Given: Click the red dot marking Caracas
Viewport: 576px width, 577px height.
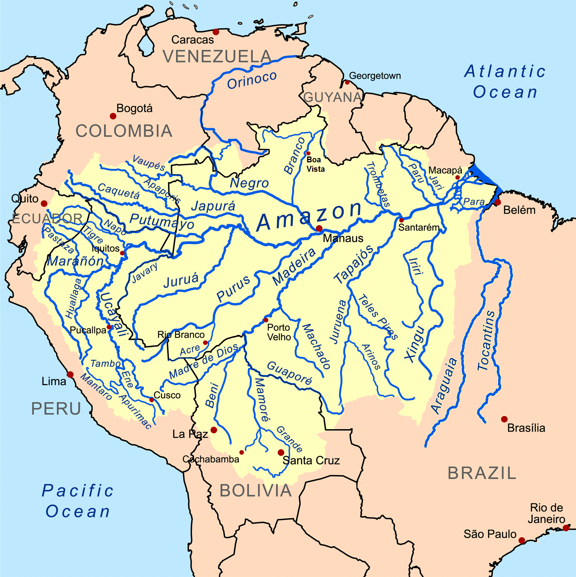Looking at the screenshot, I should tap(216, 32).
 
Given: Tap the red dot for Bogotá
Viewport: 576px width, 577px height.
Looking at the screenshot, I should tap(113, 116).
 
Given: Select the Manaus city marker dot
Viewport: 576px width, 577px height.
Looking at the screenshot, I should tap(319, 228).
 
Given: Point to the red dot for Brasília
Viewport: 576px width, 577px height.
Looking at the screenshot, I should tap(504, 419).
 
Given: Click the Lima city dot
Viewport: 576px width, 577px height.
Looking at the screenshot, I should tap(70, 375).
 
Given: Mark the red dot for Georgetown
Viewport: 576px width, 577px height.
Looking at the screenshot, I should tap(347, 82).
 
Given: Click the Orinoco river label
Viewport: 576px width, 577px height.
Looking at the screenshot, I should tap(252, 80).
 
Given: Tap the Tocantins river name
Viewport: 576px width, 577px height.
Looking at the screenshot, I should tap(486, 341).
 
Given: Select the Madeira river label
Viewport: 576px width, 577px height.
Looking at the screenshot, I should tap(294, 267).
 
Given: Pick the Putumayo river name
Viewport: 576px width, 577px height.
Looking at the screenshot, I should tap(161, 221).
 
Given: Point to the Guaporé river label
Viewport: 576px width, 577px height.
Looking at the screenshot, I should tap(289, 373).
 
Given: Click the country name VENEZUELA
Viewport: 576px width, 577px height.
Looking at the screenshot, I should tap(217, 57).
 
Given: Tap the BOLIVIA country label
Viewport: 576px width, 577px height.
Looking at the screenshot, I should tap(256, 491).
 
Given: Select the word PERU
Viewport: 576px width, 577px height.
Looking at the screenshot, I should tap(56, 409).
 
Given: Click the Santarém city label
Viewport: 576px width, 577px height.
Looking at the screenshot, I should tap(419, 227).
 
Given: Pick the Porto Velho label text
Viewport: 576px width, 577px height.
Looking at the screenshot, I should tap(279, 332).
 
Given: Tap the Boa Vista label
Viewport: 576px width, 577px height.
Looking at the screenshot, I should tap(315, 164).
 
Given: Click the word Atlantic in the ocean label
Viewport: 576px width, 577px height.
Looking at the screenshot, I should tap(505, 71).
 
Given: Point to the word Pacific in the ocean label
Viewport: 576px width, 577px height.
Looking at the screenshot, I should tap(77, 491).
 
